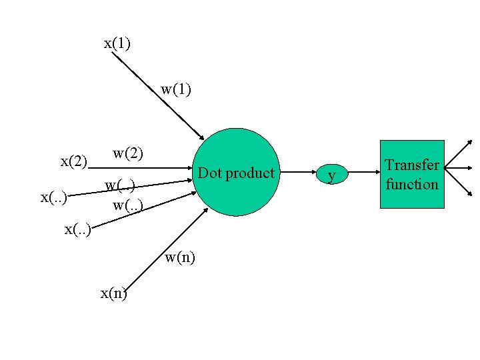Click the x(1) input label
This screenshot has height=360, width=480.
click(x=117, y=44)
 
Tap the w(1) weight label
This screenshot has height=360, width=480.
click(x=176, y=89)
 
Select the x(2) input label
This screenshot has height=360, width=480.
click(x=74, y=161)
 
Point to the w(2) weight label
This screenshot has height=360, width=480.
click(x=128, y=153)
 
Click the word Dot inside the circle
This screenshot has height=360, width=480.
click(x=210, y=173)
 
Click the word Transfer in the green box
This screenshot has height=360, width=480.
click(x=412, y=165)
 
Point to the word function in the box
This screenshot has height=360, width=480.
click(x=412, y=184)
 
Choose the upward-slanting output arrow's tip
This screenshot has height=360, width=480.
click(x=471, y=141)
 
